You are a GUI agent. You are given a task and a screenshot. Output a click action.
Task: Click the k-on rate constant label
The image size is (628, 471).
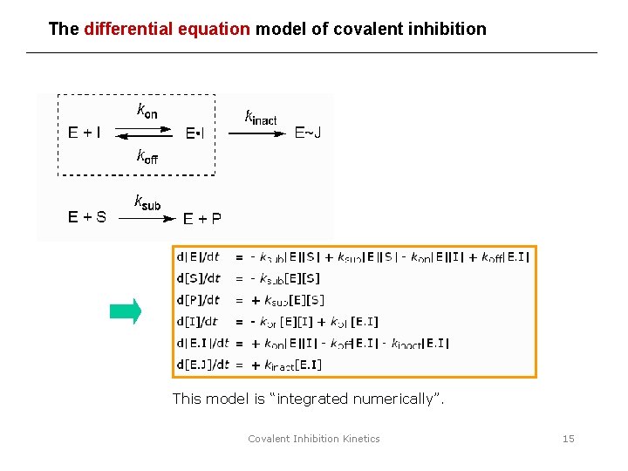point(147,110)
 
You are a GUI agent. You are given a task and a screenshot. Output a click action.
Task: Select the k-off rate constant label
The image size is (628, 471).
point(147,157)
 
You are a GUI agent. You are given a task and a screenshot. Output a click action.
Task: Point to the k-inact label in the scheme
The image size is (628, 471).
point(261,117)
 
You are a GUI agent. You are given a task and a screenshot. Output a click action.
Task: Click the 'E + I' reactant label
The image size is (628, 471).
point(85,133)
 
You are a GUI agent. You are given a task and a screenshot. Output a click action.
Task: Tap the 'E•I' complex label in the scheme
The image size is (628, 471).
point(195,134)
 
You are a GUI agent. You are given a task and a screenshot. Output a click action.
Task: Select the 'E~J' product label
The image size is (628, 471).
point(307,133)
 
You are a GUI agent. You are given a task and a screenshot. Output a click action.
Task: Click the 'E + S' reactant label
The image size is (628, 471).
point(87,217)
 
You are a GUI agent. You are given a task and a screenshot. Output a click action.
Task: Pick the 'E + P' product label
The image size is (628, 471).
point(201,218)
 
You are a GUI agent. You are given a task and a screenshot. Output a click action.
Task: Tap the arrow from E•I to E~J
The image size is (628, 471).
point(256,134)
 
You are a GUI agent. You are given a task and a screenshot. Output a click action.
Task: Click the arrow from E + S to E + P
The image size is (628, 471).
point(145,219)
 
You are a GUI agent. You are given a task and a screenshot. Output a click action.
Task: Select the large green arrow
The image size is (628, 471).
point(126,311)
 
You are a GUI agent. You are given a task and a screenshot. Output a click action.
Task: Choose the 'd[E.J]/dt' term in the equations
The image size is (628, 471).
point(202,365)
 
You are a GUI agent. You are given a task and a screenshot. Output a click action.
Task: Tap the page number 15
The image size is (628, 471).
point(568,439)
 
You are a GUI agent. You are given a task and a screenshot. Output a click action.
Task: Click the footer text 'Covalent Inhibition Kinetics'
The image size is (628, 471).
point(314,439)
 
